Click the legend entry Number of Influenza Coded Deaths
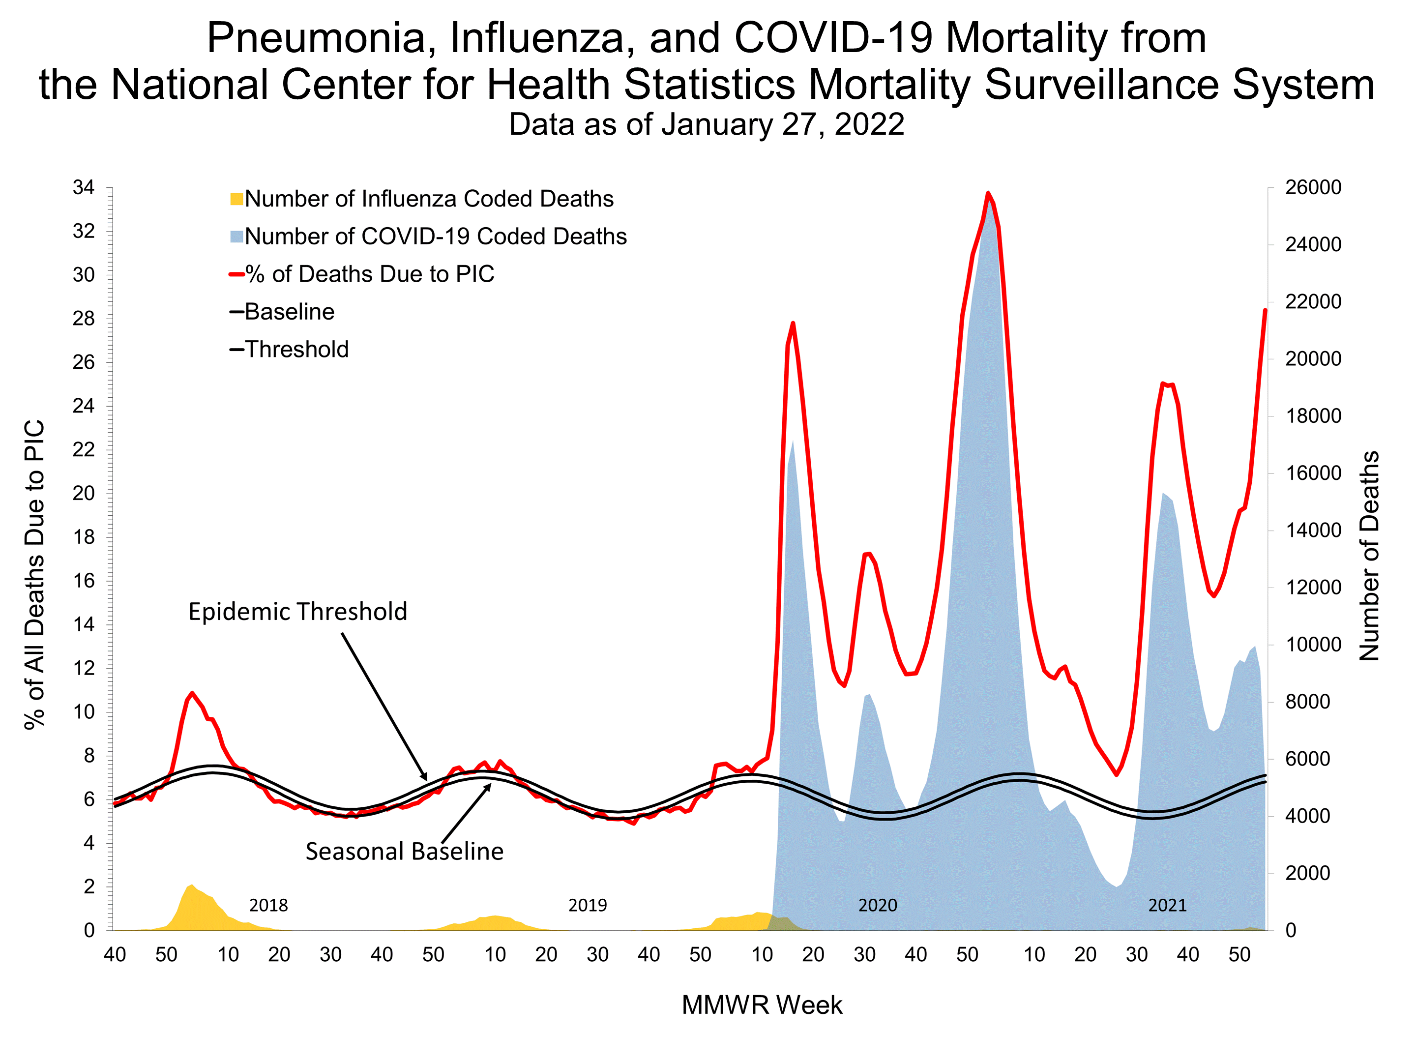(x=428, y=199)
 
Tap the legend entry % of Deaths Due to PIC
(x=369, y=274)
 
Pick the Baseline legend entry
(x=289, y=312)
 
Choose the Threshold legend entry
(x=296, y=350)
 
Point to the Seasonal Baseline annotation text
(x=404, y=852)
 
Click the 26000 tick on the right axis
(x=1313, y=187)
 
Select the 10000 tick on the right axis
(x=1313, y=645)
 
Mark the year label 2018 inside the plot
(x=268, y=905)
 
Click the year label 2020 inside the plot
(x=877, y=905)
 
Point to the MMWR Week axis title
(x=762, y=1005)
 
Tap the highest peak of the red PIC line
(x=988, y=193)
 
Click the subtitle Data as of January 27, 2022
(x=706, y=124)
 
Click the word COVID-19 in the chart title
(x=833, y=38)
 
